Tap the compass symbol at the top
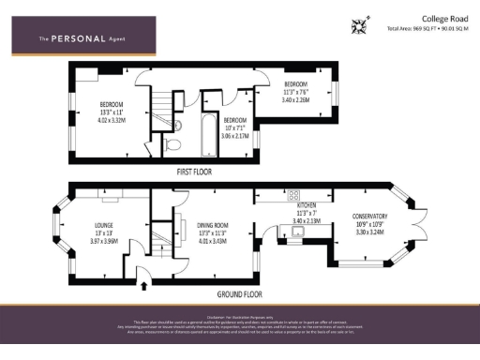pos(358,25)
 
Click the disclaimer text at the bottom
pos(240,324)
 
